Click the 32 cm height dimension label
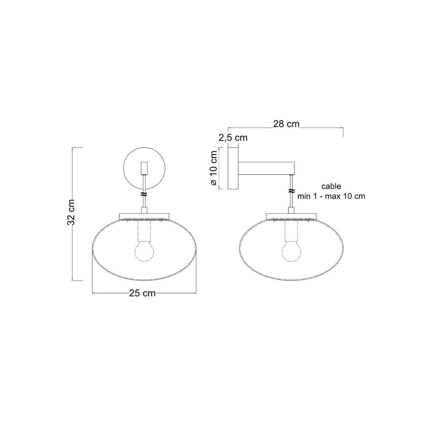71,212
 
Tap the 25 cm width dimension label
142,293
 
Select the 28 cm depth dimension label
286,124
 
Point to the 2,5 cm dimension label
233,138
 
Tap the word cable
331,186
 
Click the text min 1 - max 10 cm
331,196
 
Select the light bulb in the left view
144,251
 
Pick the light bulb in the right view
291,251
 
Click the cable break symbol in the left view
144,194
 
